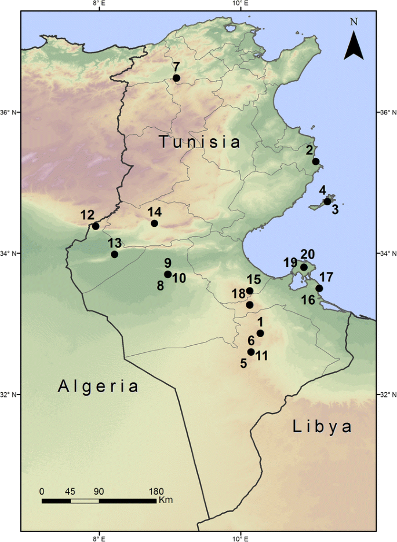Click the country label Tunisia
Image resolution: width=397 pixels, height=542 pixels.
(200, 142)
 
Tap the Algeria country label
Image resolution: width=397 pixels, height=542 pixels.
(99, 386)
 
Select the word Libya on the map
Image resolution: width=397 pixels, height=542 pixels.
(322, 427)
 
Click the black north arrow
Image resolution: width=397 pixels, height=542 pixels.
(354, 46)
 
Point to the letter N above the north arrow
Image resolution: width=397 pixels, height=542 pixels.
(354, 22)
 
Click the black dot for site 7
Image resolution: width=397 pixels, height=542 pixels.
(177, 78)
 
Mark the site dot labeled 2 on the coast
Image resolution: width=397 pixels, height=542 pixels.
(316, 161)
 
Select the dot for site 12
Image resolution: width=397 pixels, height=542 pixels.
(96, 226)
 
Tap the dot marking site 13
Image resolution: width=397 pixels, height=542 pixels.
(115, 255)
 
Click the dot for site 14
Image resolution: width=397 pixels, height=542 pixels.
(154, 223)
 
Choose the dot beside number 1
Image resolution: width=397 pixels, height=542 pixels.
(260, 333)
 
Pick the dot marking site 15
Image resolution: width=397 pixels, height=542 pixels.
(250, 291)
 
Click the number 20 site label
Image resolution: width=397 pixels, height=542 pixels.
(307, 255)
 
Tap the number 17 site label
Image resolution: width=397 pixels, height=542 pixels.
(326, 276)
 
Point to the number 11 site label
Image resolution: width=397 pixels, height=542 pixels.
(261, 356)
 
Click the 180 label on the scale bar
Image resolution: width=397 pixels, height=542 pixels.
(156, 491)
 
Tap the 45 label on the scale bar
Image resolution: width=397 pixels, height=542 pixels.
(70, 491)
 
